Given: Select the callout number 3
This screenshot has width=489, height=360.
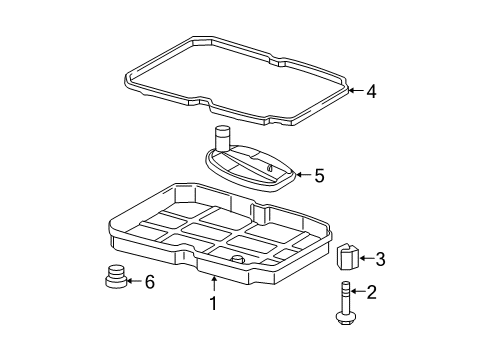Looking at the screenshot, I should (380, 260).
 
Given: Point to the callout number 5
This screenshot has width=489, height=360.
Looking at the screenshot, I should (318, 177).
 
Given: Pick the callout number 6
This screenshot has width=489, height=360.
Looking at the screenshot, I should (150, 282).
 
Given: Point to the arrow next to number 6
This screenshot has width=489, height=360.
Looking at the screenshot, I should (134, 282).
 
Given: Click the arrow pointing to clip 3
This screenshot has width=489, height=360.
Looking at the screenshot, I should (364, 260).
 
